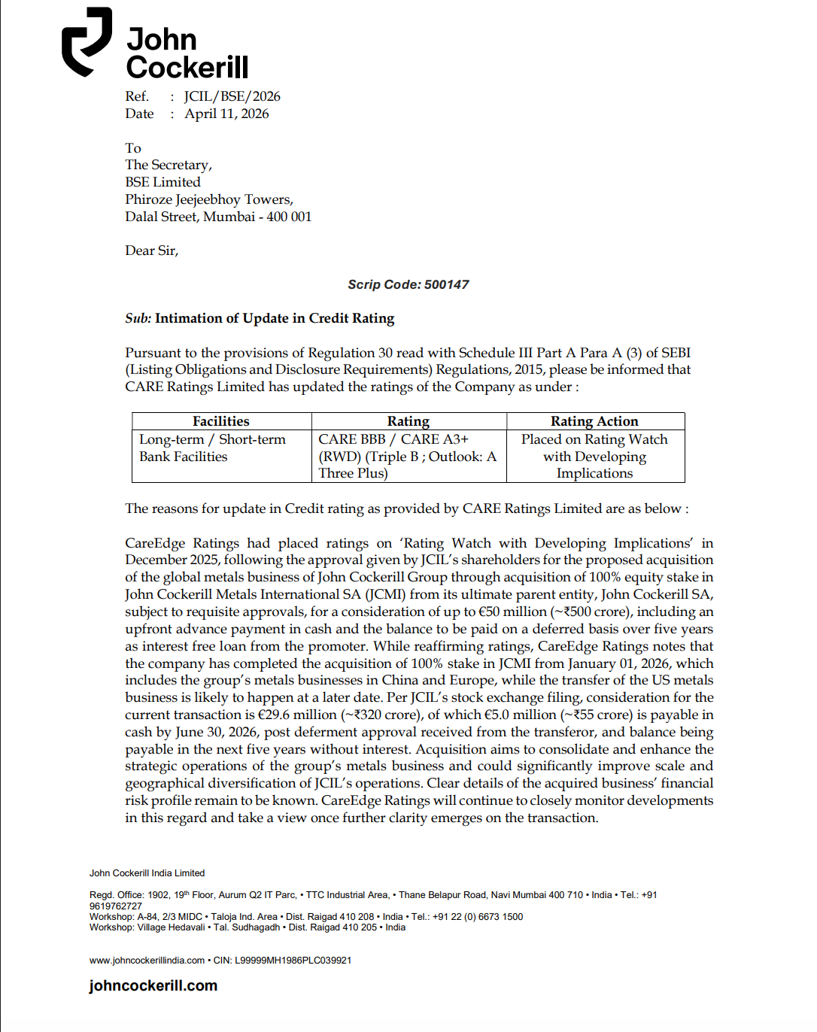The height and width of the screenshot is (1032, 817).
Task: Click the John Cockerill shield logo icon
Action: [x=87, y=42]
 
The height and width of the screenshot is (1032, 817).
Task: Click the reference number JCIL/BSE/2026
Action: [x=232, y=96]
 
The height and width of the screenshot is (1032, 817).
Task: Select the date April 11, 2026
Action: [x=226, y=114]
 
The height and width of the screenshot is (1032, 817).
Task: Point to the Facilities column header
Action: [x=220, y=421]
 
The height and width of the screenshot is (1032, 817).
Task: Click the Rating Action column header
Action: [x=594, y=421]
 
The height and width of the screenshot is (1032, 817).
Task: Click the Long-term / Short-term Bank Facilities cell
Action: [x=212, y=448]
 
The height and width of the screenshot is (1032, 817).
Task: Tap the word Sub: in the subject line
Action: [x=138, y=318]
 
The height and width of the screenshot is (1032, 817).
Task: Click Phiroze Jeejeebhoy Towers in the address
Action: [x=208, y=199]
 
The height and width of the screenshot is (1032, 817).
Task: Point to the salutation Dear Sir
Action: [x=151, y=250]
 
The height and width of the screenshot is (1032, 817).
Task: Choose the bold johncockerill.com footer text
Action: [x=153, y=985]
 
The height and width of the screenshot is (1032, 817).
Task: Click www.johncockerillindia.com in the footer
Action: [x=147, y=961]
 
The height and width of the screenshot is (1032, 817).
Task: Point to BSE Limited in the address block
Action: [x=162, y=182]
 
